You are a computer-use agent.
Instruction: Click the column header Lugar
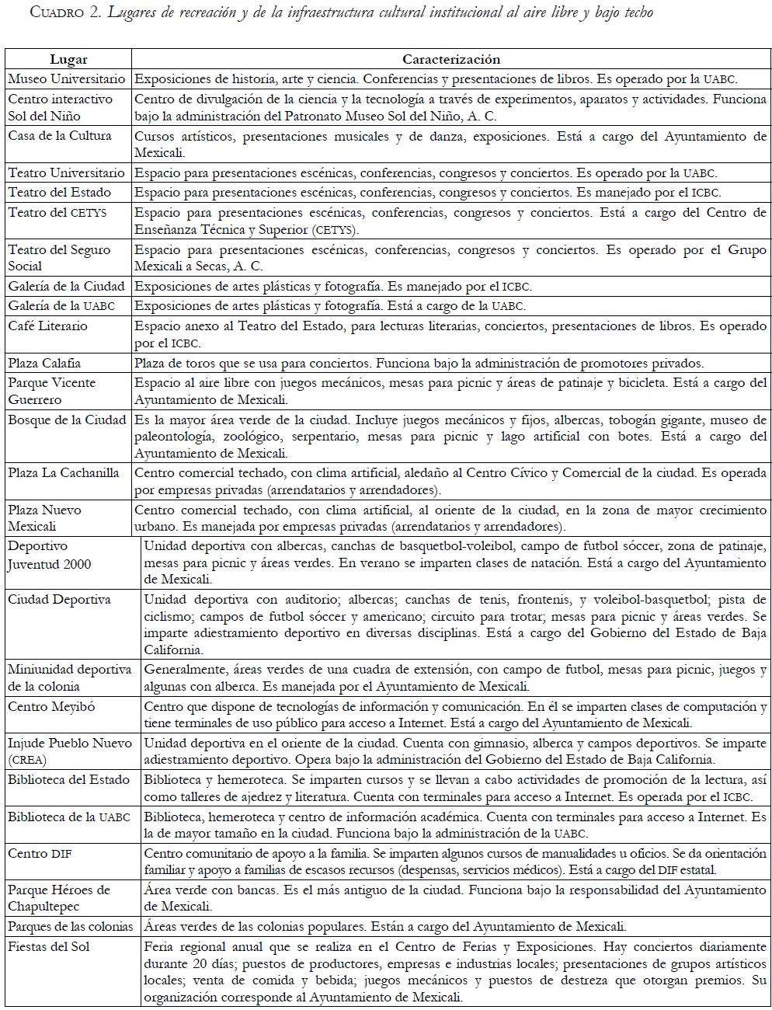[68, 60]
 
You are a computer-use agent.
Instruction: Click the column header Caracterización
[450, 60]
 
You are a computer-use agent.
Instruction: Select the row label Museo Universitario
[67, 79]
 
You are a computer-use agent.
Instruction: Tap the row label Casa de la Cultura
[60, 136]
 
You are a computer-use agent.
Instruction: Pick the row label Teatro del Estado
[60, 193]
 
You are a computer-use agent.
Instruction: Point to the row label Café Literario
[48, 326]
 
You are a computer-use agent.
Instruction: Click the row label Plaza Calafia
[45, 363]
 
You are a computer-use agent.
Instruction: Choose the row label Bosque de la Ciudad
[67, 420]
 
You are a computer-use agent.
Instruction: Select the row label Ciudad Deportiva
[59, 600]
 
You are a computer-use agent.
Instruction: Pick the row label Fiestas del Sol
[49, 946]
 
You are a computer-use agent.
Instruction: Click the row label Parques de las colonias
[70, 926]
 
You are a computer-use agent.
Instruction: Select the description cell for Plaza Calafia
[419, 363]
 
